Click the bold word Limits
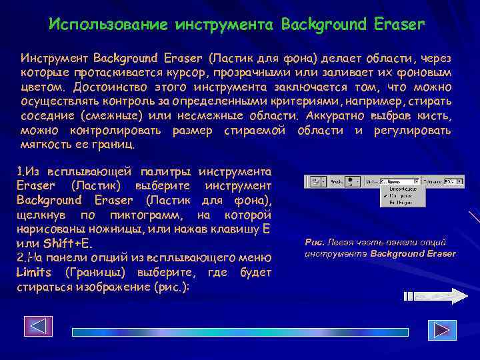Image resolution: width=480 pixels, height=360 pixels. click(36, 272)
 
